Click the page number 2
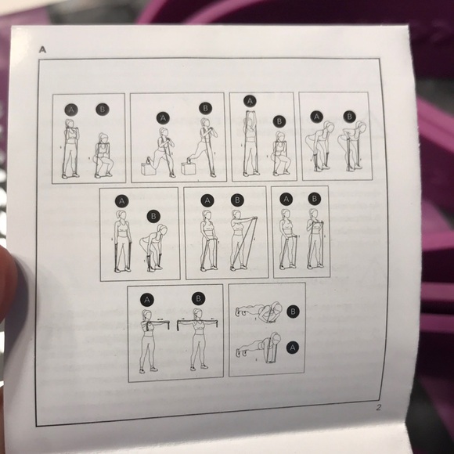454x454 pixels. point(379,407)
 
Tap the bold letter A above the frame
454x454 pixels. point(42,50)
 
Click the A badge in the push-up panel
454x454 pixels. point(293,348)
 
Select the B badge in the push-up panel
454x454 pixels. point(293,312)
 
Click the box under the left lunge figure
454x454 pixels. point(149,169)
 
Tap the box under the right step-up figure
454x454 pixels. point(189,168)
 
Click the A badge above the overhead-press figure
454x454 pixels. point(250,101)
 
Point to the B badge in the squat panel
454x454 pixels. point(103,110)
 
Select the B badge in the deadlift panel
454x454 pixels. point(153,216)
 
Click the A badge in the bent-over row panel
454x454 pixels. point(316,117)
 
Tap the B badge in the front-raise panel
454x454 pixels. point(237,200)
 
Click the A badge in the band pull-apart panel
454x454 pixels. point(147,300)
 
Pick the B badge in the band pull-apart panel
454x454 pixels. point(199,298)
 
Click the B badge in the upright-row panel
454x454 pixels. point(314,199)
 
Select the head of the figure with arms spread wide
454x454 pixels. point(198,315)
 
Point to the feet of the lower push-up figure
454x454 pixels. point(241,353)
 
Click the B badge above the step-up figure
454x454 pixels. point(206,108)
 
